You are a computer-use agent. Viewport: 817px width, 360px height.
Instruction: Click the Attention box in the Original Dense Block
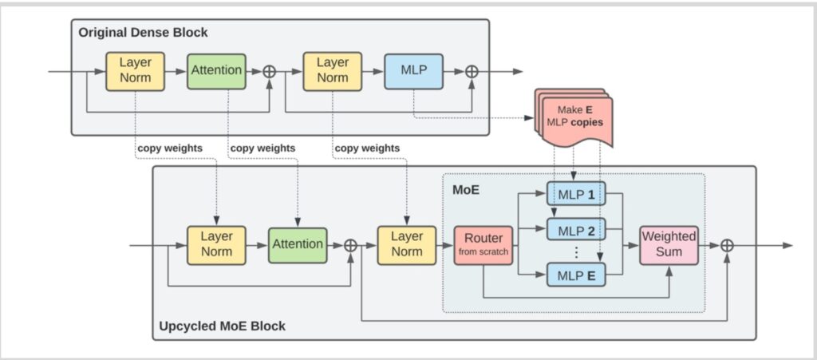216,71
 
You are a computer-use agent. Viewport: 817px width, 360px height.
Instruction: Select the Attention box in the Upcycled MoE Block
297,244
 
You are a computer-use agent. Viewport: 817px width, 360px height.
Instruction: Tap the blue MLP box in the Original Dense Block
413,71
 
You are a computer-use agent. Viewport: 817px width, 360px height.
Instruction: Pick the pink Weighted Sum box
669,244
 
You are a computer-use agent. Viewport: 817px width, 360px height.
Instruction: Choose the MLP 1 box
575,193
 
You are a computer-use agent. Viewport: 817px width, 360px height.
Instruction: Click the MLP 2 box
575,231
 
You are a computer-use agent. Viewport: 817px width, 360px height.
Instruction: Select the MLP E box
575,276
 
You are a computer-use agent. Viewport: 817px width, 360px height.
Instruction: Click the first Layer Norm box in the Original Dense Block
135,71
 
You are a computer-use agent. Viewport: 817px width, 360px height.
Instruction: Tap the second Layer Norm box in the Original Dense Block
332,71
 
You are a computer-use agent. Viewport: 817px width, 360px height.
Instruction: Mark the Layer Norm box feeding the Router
407,244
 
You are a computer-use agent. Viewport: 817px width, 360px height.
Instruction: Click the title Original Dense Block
143,33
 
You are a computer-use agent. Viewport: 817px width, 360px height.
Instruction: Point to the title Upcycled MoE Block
222,326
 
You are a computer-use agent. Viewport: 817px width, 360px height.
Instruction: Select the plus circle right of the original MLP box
472,71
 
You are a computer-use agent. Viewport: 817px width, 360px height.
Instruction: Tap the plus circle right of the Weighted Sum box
727,245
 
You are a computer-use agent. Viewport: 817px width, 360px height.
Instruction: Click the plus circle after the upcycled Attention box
349,245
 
